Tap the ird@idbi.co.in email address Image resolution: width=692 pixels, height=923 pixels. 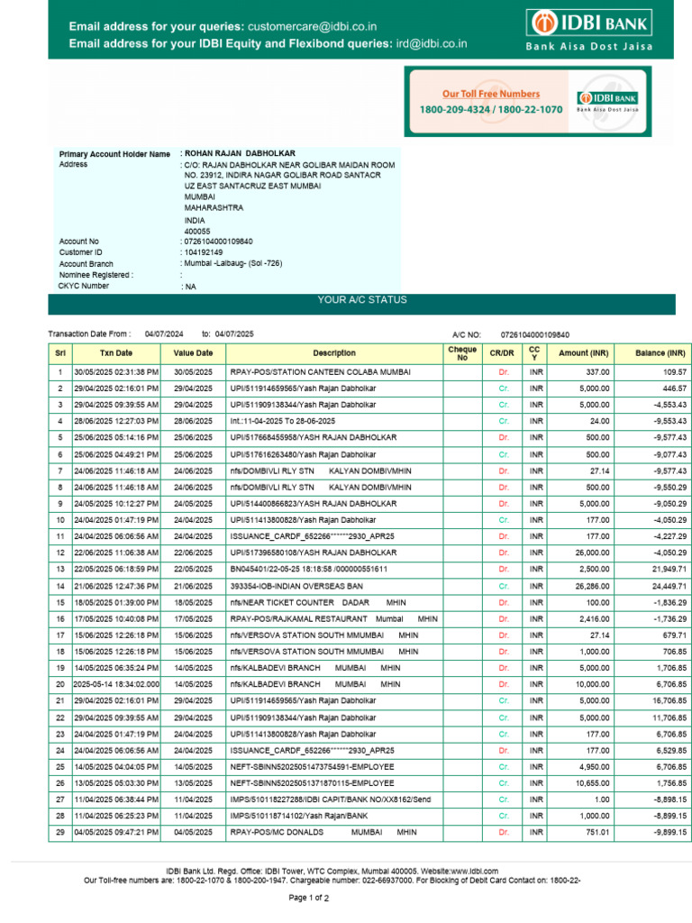(x=430, y=42)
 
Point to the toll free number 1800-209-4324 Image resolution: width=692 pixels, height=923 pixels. (x=454, y=109)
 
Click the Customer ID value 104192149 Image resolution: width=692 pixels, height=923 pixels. (x=203, y=252)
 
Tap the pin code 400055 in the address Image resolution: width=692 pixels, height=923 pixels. (x=197, y=231)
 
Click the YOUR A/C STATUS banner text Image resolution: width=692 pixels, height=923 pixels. (x=361, y=300)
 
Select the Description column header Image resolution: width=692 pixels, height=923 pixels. (x=334, y=353)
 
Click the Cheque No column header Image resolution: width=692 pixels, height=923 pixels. (x=462, y=353)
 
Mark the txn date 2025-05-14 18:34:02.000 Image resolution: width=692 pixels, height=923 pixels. (x=116, y=684)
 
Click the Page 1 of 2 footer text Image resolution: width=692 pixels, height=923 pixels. (x=308, y=899)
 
